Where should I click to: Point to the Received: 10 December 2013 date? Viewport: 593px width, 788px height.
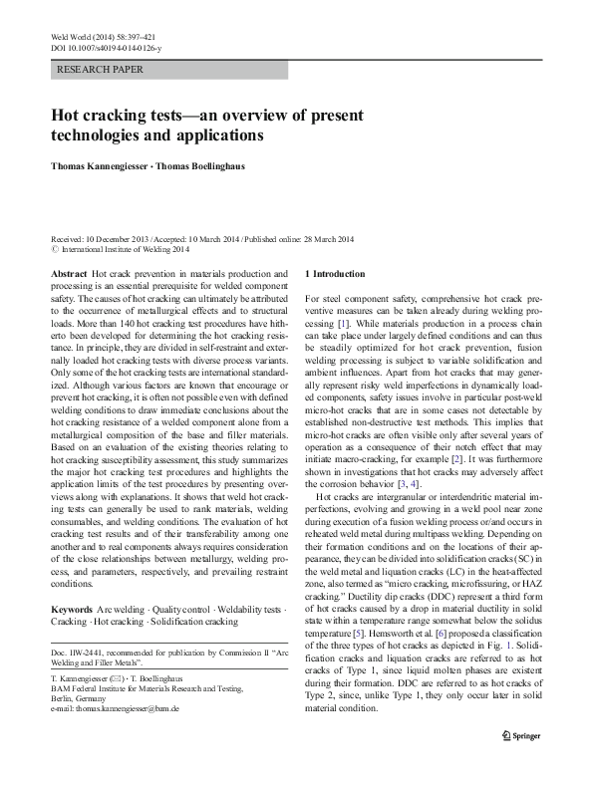coord(106,240)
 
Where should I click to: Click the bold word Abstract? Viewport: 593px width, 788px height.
coord(68,273)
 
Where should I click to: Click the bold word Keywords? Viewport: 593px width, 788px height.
coord(72,607)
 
